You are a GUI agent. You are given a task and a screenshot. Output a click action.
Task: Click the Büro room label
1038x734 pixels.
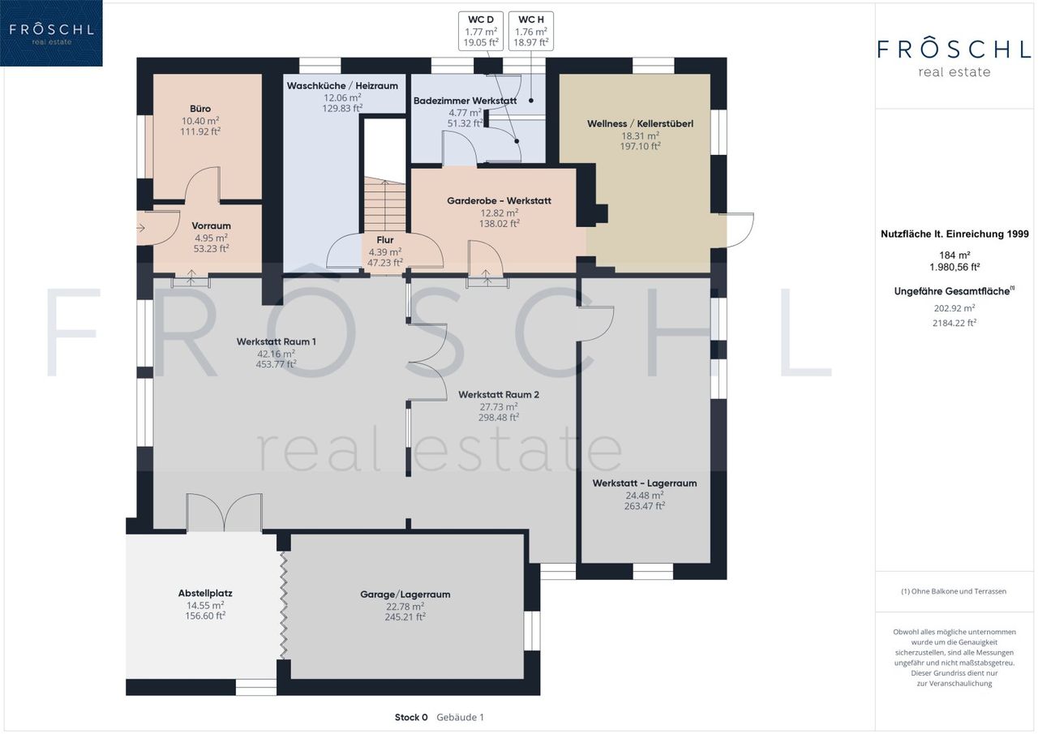coord(200,109)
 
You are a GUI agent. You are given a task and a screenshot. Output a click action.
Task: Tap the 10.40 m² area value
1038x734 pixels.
coord(200,121)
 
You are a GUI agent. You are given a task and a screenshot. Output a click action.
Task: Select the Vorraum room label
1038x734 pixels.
coord(212,225)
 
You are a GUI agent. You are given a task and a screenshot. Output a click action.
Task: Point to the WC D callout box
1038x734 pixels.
coord(481,31)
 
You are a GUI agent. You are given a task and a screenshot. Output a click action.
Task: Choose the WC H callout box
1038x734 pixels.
coord(531,31)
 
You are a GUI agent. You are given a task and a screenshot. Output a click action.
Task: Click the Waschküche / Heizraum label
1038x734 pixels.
coord(342,86)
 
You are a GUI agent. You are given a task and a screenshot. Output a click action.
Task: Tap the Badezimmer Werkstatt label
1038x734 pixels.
coord(465,101)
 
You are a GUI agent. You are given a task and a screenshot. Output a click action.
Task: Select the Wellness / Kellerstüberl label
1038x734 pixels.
coord(641,124)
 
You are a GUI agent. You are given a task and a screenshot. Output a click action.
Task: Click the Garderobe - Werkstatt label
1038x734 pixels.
coord(499,200)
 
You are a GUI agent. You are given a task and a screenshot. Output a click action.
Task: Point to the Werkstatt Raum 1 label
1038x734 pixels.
coord(277,341)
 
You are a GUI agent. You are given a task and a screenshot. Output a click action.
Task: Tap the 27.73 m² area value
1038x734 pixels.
coord(499,407)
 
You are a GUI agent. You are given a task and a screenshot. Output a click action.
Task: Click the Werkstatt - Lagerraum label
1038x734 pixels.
coord(645,483)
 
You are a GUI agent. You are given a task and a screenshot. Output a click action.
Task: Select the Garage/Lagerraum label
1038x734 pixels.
coord(405,594)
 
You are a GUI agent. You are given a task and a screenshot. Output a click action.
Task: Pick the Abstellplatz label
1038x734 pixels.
coord(205,593)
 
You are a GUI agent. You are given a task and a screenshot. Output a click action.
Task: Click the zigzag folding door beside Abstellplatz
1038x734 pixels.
coord(284,605)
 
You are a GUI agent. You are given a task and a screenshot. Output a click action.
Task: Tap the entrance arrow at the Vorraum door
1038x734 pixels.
coord(141,228)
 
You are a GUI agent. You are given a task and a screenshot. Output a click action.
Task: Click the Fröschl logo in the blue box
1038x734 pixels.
coord(51,33)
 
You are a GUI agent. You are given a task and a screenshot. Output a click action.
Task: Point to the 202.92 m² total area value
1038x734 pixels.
coord(954,308)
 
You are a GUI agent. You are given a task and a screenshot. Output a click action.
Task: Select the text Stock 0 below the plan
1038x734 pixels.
coord(411,717)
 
